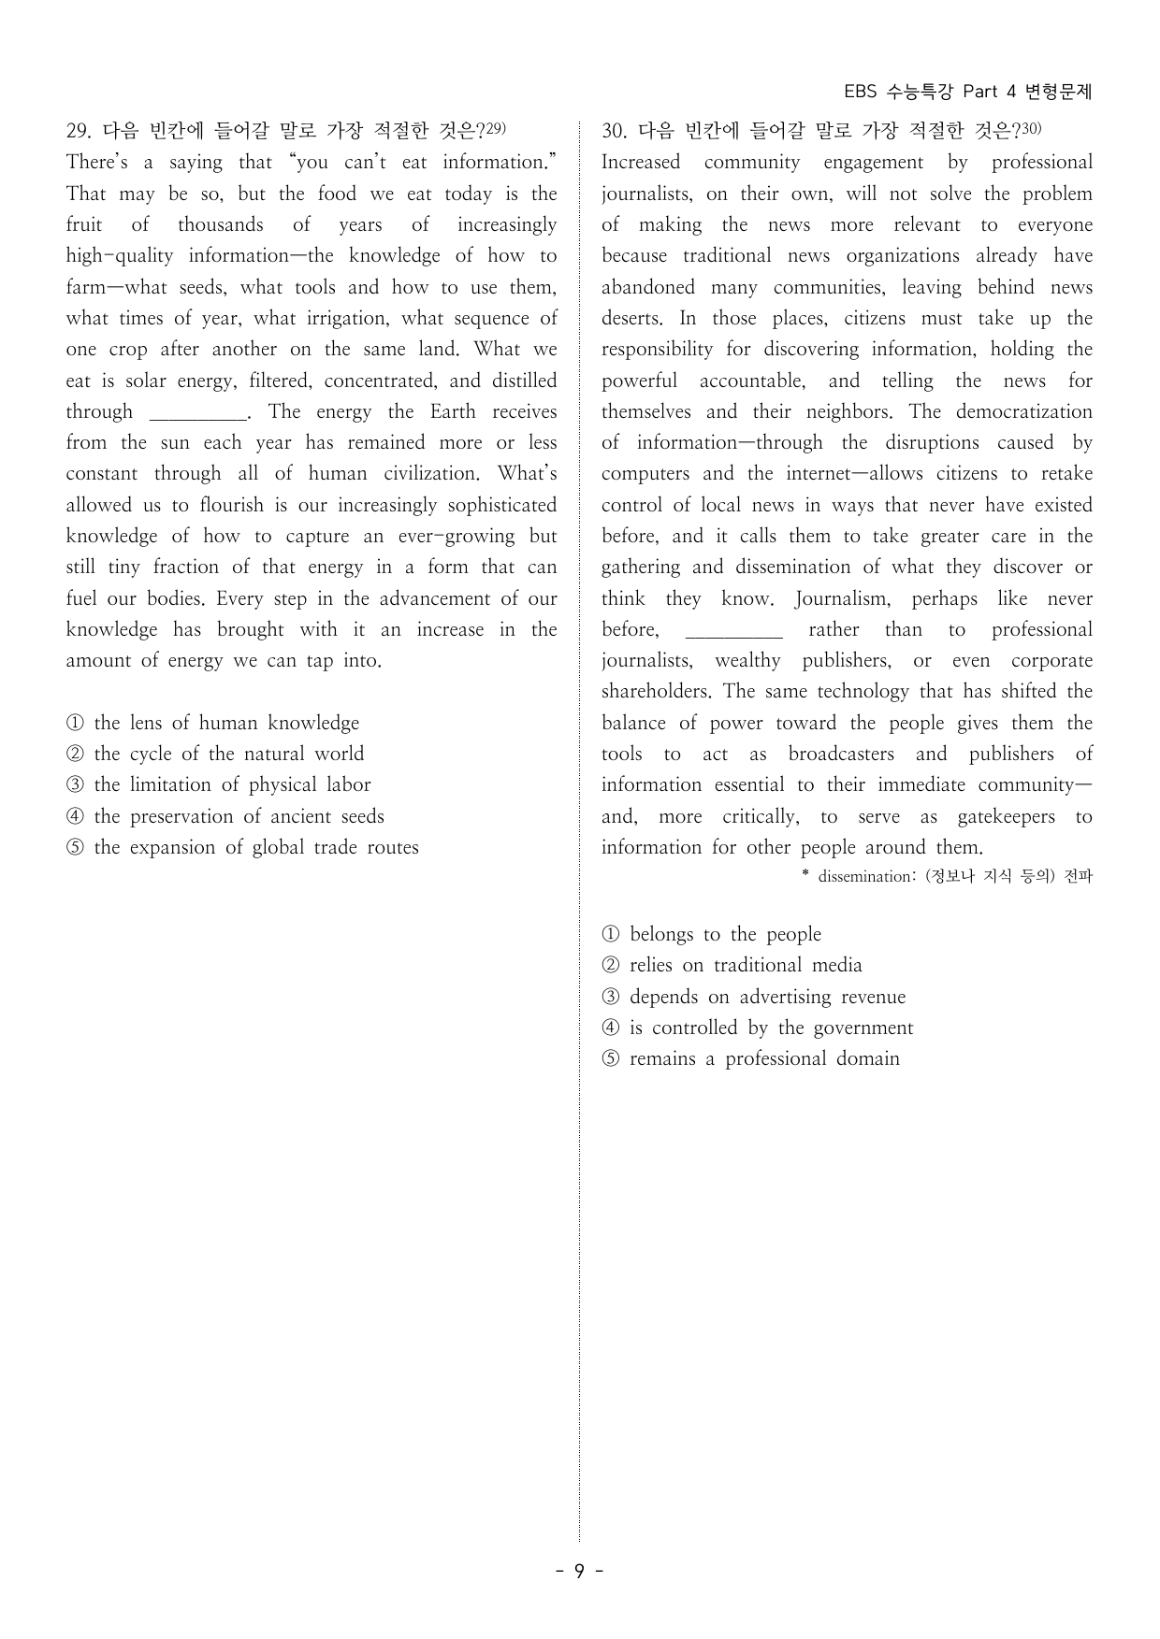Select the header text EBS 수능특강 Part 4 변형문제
click(967, 92)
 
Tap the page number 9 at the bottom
click(579, 1571)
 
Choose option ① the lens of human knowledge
click(213, 723)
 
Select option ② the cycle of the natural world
click(215, 754)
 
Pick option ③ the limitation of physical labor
click(219, 784)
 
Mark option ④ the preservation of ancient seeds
click(225, 816)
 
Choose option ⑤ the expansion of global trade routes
click(242, 847)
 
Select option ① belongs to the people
click(712, 934)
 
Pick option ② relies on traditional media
click(732, 965)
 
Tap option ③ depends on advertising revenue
click(754, 997)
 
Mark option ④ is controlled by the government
click(758, 1028)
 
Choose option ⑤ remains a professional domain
click(751, 1058)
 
